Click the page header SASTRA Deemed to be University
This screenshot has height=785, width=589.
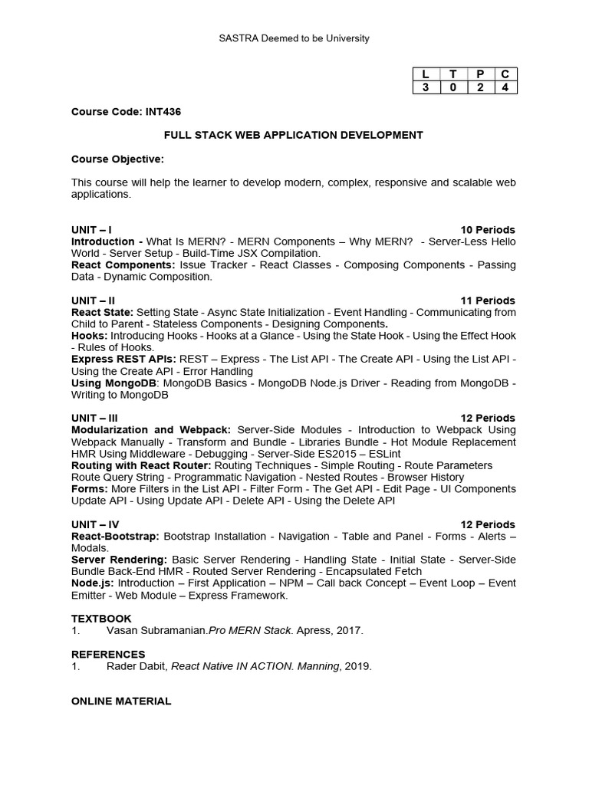point(294,38)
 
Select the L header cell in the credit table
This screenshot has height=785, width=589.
point(426,74)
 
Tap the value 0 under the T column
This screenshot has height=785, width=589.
point(452,87)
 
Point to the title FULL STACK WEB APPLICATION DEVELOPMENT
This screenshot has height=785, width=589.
point(294,135)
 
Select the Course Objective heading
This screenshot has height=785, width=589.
point(117,159)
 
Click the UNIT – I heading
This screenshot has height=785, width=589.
point(92,230)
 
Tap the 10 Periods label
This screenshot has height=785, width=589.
point(488,230)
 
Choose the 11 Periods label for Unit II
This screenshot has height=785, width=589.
point(488,301)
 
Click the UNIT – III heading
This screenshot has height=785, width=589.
point(95,418)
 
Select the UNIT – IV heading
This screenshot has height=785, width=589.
point(95,524)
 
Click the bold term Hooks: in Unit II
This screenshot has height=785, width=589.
point(89,336)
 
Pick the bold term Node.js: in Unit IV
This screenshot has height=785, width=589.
point(92,583)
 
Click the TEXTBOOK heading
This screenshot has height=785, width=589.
point(101,619)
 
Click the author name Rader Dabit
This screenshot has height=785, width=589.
point(136,666)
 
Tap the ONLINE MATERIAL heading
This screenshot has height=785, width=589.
point(121,701)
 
